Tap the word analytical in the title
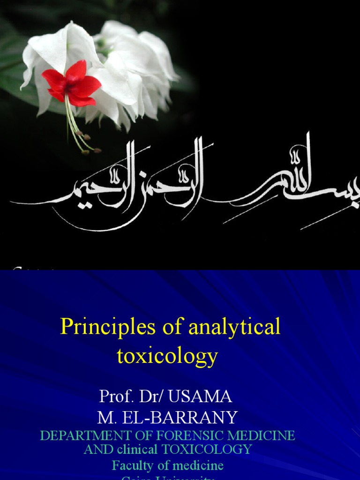(x=234, y=327)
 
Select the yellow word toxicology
(x=167, y=356)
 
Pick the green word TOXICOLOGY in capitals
(x=207, y=449)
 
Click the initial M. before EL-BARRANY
(x=106, y=417)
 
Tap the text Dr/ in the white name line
(x=152, y=397)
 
